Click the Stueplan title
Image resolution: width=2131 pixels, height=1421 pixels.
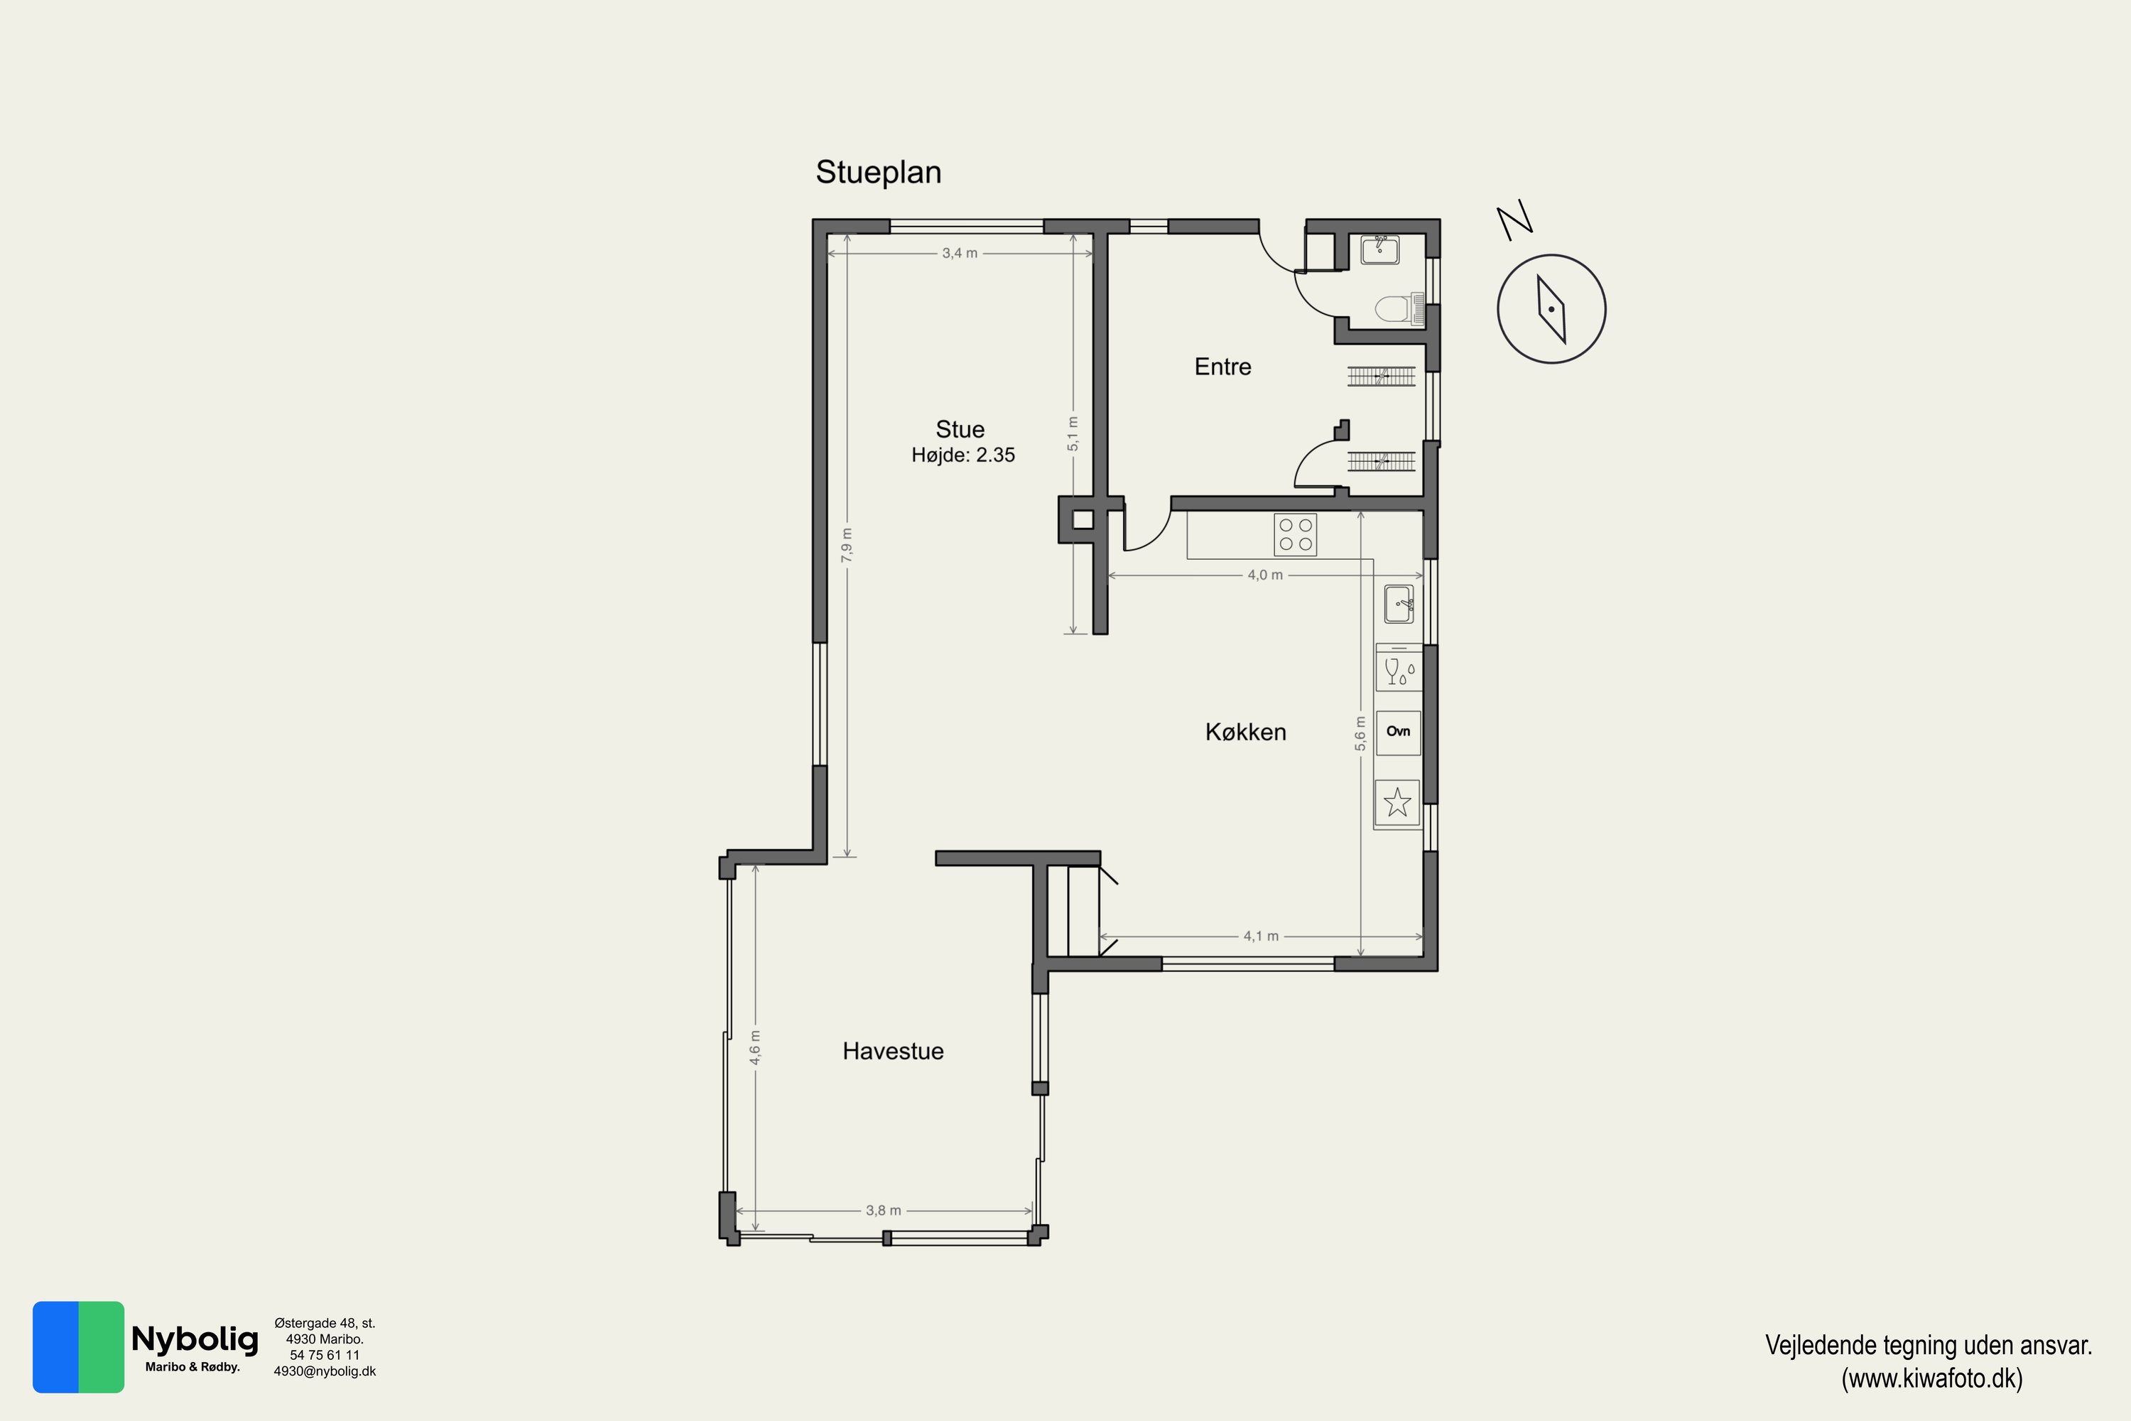[878, 172]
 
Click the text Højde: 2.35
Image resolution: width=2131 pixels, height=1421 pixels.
[963, 455]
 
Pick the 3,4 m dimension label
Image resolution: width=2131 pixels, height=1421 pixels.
[960, 253]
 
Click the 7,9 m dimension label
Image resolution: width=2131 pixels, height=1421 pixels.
[846, 545]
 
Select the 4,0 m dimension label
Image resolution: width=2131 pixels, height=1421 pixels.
[1265, 575]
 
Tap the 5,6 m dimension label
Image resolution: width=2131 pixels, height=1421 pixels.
[1360, 733]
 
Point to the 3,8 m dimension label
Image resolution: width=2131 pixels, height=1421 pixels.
[884, 1210]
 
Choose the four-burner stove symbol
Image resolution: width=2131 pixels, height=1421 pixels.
[1295, 535]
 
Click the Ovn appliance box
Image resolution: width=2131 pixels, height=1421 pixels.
[1398, 733]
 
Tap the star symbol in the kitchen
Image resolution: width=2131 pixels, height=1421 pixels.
[1397, 802]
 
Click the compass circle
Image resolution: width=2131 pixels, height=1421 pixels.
[1551, 309]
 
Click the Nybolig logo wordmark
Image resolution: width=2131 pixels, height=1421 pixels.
[195, 1339]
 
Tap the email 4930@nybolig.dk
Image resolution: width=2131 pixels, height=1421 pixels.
[325, 1371]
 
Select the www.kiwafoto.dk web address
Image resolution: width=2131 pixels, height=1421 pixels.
[1931, 1378]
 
